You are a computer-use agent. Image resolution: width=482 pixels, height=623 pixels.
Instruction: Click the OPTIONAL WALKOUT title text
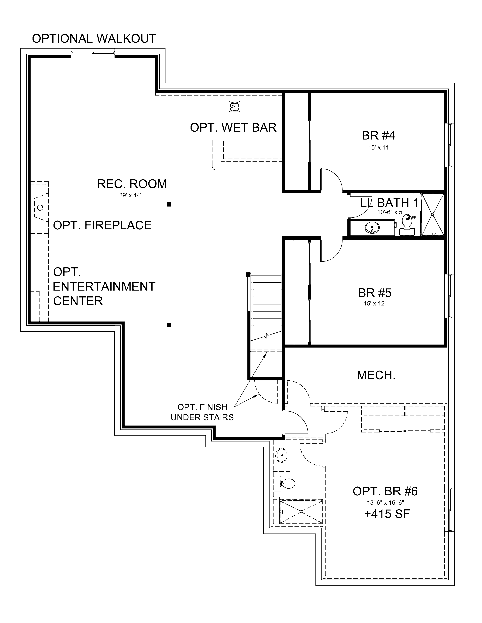[x=94, y=39]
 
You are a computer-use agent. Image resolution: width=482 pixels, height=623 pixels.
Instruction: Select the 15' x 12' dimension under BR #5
[x=374, y=304]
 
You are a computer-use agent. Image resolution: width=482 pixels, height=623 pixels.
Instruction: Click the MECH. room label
[x=376, y=375]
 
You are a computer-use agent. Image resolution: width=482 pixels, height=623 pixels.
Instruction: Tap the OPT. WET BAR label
[x=233, y=127]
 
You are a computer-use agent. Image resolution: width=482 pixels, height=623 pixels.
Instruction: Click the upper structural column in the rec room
[x=169, y=204]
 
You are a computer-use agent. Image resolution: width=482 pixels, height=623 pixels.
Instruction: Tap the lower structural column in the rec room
[x=169, y=325]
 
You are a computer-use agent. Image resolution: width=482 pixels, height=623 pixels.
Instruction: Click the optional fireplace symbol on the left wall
[x=40, y=207]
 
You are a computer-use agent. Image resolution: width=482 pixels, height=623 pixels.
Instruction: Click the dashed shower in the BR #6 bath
[x=301, y=512]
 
